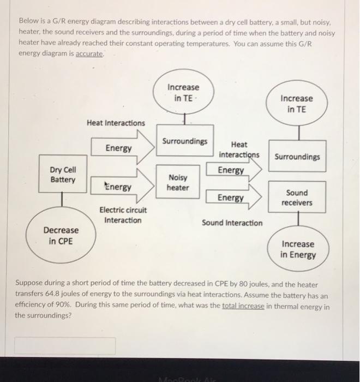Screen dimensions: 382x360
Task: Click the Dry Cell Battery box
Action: pyautogui.click(x=63, y=175)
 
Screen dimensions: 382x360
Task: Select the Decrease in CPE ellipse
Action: pyautogui.click(x=61, y=236)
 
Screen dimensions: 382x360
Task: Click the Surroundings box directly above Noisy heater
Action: pyautogui.click(x=184, y=141)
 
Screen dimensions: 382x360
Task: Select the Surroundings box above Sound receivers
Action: pyautogui.click(x=297, y=157)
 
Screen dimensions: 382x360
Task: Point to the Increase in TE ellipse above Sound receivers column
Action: pyautogui.click(x=297, y=104)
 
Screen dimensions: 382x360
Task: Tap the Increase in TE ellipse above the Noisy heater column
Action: pyautogui.click(x=183, y=93)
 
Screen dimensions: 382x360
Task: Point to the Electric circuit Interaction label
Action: pyautogui.click(x=123, y=215)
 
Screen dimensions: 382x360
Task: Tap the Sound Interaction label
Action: pyautogui.click(x=232, y=223)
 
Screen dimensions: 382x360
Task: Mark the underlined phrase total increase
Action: pyautogui.click(x=243, y=306)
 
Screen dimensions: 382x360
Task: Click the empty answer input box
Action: pyautogui.click(x=65, y=346)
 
